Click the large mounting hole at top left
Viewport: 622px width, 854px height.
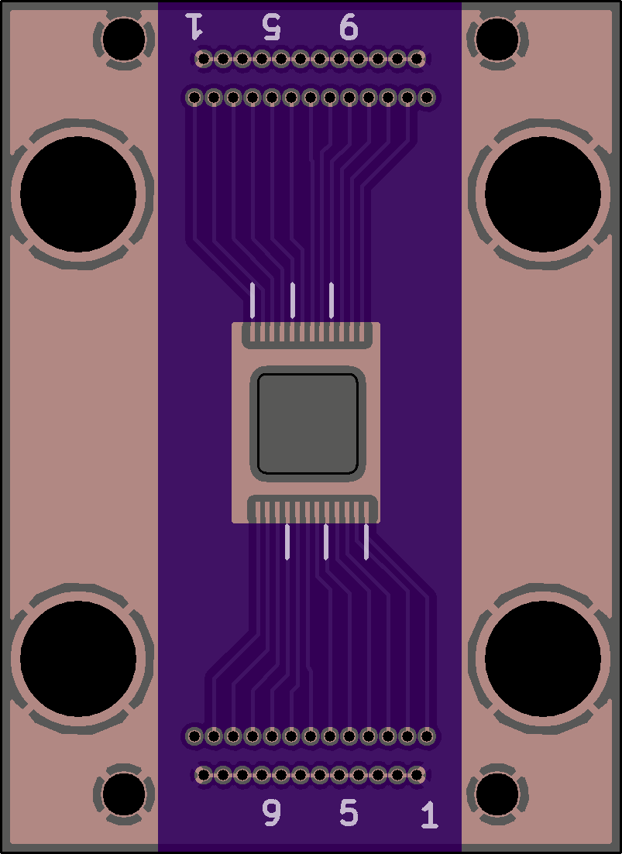pyautogui.click(x=78, y=194)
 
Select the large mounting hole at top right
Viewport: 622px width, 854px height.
pyautogui.click(x=543, y=194)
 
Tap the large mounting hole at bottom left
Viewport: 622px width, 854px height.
pyautogui.click(x=78, y=659)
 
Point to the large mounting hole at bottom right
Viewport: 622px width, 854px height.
pyautogui.click(x=543, y=659)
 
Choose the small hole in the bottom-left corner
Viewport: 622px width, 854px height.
pyautogui.click(x=124, y=794)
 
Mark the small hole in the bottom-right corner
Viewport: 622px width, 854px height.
pyautogui.click(x=497, y=794)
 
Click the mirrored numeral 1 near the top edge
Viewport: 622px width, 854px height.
pyautogui.click(x=194, y=26)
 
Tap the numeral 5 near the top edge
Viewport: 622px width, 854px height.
pyautogui.click(x=271, y=26)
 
